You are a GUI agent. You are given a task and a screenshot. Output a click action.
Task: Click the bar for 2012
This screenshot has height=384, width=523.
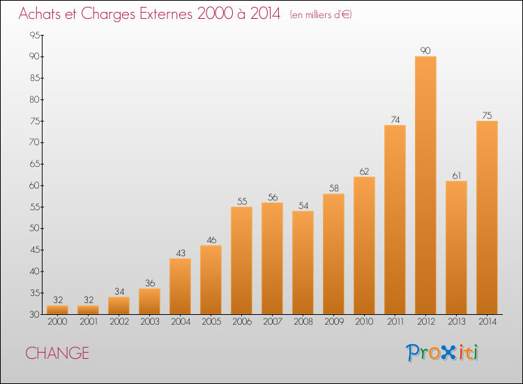[425, 185]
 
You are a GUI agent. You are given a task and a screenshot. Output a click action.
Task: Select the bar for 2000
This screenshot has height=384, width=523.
[57, 310]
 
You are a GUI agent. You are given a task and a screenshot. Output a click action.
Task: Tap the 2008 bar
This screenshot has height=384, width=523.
[303, 263]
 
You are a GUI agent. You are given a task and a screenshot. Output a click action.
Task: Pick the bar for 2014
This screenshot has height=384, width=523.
[487, 218]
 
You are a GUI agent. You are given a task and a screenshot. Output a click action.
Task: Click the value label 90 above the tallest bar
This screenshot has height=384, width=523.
[425, 50]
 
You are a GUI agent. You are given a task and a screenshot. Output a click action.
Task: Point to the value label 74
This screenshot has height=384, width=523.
[395, 119]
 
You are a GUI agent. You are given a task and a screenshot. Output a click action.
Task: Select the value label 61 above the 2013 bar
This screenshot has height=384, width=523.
[456, 175]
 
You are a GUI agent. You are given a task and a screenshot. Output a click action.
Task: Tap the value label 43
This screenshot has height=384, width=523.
[181, 253]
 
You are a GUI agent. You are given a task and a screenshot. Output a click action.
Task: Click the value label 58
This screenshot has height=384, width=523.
[334, 189]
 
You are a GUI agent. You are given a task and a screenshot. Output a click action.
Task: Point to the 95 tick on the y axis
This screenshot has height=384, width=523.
[34, 35]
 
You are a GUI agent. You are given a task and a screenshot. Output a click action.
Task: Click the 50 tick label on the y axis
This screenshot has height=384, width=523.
[34, 228]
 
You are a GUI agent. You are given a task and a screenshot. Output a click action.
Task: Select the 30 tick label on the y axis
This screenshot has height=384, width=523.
[34, 314]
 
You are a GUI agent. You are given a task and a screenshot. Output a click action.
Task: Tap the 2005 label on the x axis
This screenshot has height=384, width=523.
[211, 322]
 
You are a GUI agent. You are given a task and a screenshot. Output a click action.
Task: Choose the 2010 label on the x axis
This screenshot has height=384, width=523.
[364, 322]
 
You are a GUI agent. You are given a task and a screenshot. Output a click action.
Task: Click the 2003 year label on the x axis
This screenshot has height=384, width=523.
[150, 322]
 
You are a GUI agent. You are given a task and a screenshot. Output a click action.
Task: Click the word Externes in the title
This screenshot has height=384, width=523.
[166, 14]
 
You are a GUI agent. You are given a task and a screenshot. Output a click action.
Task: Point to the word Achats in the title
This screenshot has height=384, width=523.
[40, 14]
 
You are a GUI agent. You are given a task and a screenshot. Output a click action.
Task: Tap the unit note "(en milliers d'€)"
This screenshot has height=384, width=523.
[321, 15]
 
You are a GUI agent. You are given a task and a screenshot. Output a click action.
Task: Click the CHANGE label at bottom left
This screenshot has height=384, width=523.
[57, 353]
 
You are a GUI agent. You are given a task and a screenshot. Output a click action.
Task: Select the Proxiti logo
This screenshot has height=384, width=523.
[442, 353]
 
